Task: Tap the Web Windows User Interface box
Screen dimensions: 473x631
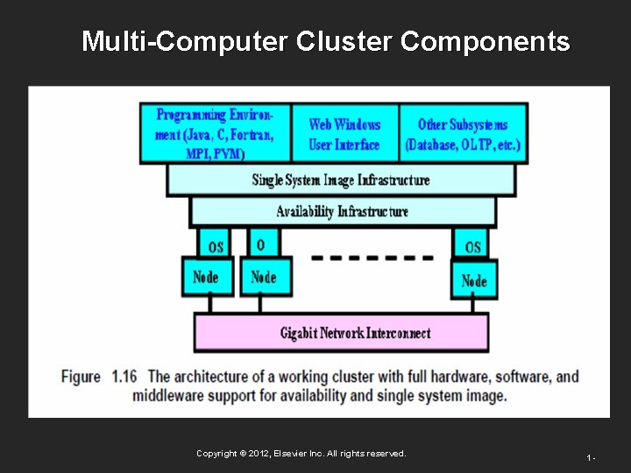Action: point(344,134)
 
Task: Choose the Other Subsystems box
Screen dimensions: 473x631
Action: point(462,134)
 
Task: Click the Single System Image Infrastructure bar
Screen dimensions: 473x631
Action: point(341,180)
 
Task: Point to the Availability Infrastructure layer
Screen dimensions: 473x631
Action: point(342,211)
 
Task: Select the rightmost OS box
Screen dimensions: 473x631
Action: point(472,244)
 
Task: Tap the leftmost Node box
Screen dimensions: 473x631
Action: point(207,278)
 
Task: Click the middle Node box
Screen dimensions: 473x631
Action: point(264,278)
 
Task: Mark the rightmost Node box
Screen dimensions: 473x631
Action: point(473,280)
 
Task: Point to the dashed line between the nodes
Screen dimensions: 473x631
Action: point(372,258)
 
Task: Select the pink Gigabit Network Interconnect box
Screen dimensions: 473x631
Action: point(341,333)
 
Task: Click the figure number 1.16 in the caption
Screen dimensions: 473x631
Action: point(126,377)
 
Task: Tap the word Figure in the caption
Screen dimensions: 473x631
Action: point(81,377)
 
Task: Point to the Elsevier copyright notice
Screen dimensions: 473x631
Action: point(301,454)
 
